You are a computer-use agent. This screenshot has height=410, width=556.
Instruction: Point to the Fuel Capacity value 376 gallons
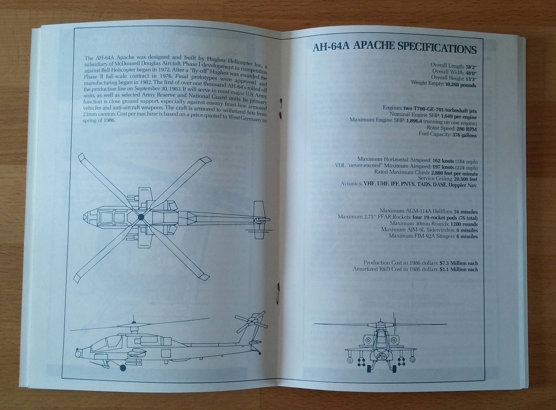pos(464,135)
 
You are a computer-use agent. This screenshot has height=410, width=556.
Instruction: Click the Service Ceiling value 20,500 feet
pos(466,179)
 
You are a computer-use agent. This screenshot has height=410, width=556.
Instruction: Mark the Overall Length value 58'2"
pos(471,67)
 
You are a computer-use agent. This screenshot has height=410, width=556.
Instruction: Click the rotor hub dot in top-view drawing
pos(141,217)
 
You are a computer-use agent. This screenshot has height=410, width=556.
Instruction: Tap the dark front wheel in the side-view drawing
pos(123,368)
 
